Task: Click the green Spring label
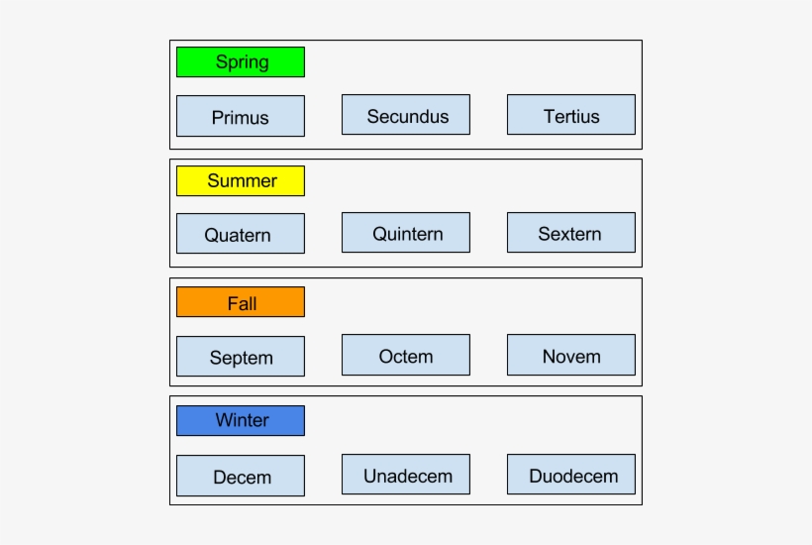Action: [241, 61]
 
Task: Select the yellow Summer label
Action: [241, 181]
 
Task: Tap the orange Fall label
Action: [241, 302]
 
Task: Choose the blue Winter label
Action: [241, 420]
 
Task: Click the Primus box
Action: [241, 116]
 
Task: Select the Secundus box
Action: [406, 115]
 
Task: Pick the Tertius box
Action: [571, 115]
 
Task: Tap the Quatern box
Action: [241, 234]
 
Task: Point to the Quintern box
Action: [406, 233]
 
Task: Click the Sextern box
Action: [571, 233]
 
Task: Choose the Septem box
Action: [241, 357]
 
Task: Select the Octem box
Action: [406, 355]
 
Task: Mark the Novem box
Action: [571, 355]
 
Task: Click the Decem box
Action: [241, 476]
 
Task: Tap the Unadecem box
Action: [406, 475]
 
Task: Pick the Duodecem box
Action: [571, 475]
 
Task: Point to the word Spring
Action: [242, 62]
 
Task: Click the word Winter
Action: [242, 420]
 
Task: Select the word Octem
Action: [406, 356]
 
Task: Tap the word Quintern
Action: [407, 234]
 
